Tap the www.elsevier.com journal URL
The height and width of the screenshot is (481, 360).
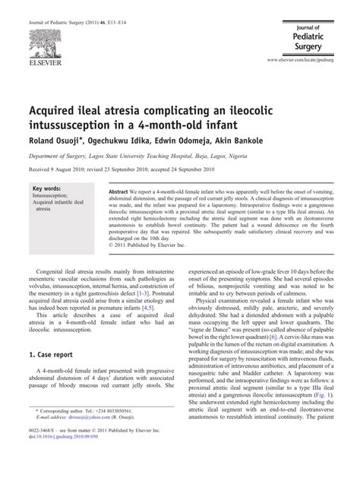307,59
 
